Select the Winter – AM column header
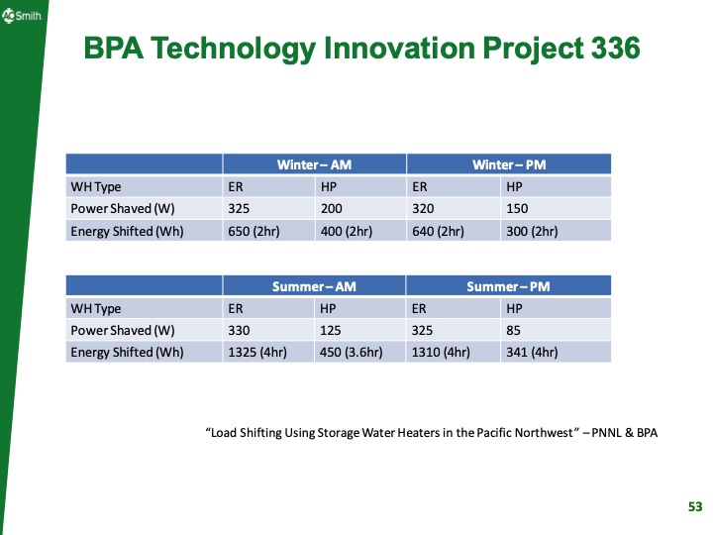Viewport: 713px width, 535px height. point(314,163)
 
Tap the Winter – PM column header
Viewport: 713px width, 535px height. point(508,163)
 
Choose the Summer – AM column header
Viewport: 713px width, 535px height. point(314,286)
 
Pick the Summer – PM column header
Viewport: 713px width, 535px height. point(508,286)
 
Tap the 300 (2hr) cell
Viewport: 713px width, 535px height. point(532,231)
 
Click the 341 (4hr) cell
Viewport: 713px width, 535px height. point(532,352)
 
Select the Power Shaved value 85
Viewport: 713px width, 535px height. point(514,330)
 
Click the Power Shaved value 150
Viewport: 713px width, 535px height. point(517,209)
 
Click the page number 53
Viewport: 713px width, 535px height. point(694,507)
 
